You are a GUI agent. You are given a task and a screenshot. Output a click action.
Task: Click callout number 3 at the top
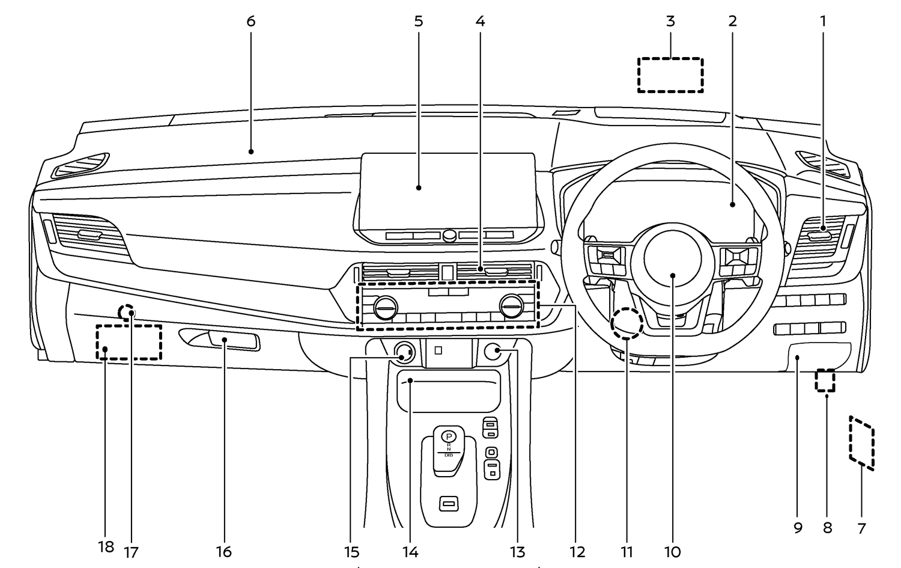(670, 22)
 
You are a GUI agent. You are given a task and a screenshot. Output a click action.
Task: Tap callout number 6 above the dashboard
(250, 22)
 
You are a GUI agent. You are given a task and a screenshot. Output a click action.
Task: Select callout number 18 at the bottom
(106, 547)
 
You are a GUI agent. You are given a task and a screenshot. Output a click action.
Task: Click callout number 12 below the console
(577, 551)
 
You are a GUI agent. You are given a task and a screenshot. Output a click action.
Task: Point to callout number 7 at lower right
(861, 528)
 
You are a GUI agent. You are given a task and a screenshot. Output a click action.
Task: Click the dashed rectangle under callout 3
(670, 75)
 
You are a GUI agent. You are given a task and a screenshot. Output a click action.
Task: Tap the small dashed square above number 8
(825, 380)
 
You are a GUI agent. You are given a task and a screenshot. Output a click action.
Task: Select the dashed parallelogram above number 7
(862, 441)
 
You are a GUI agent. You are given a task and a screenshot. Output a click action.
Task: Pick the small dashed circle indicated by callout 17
(127, 313)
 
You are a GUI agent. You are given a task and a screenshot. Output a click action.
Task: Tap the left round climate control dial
(385, 308)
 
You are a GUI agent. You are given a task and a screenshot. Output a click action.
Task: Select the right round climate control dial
(511, 308)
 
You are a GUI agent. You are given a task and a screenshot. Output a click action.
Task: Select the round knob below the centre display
(449, 236)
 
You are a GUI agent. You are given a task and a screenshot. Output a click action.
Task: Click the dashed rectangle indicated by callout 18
(129, 343)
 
